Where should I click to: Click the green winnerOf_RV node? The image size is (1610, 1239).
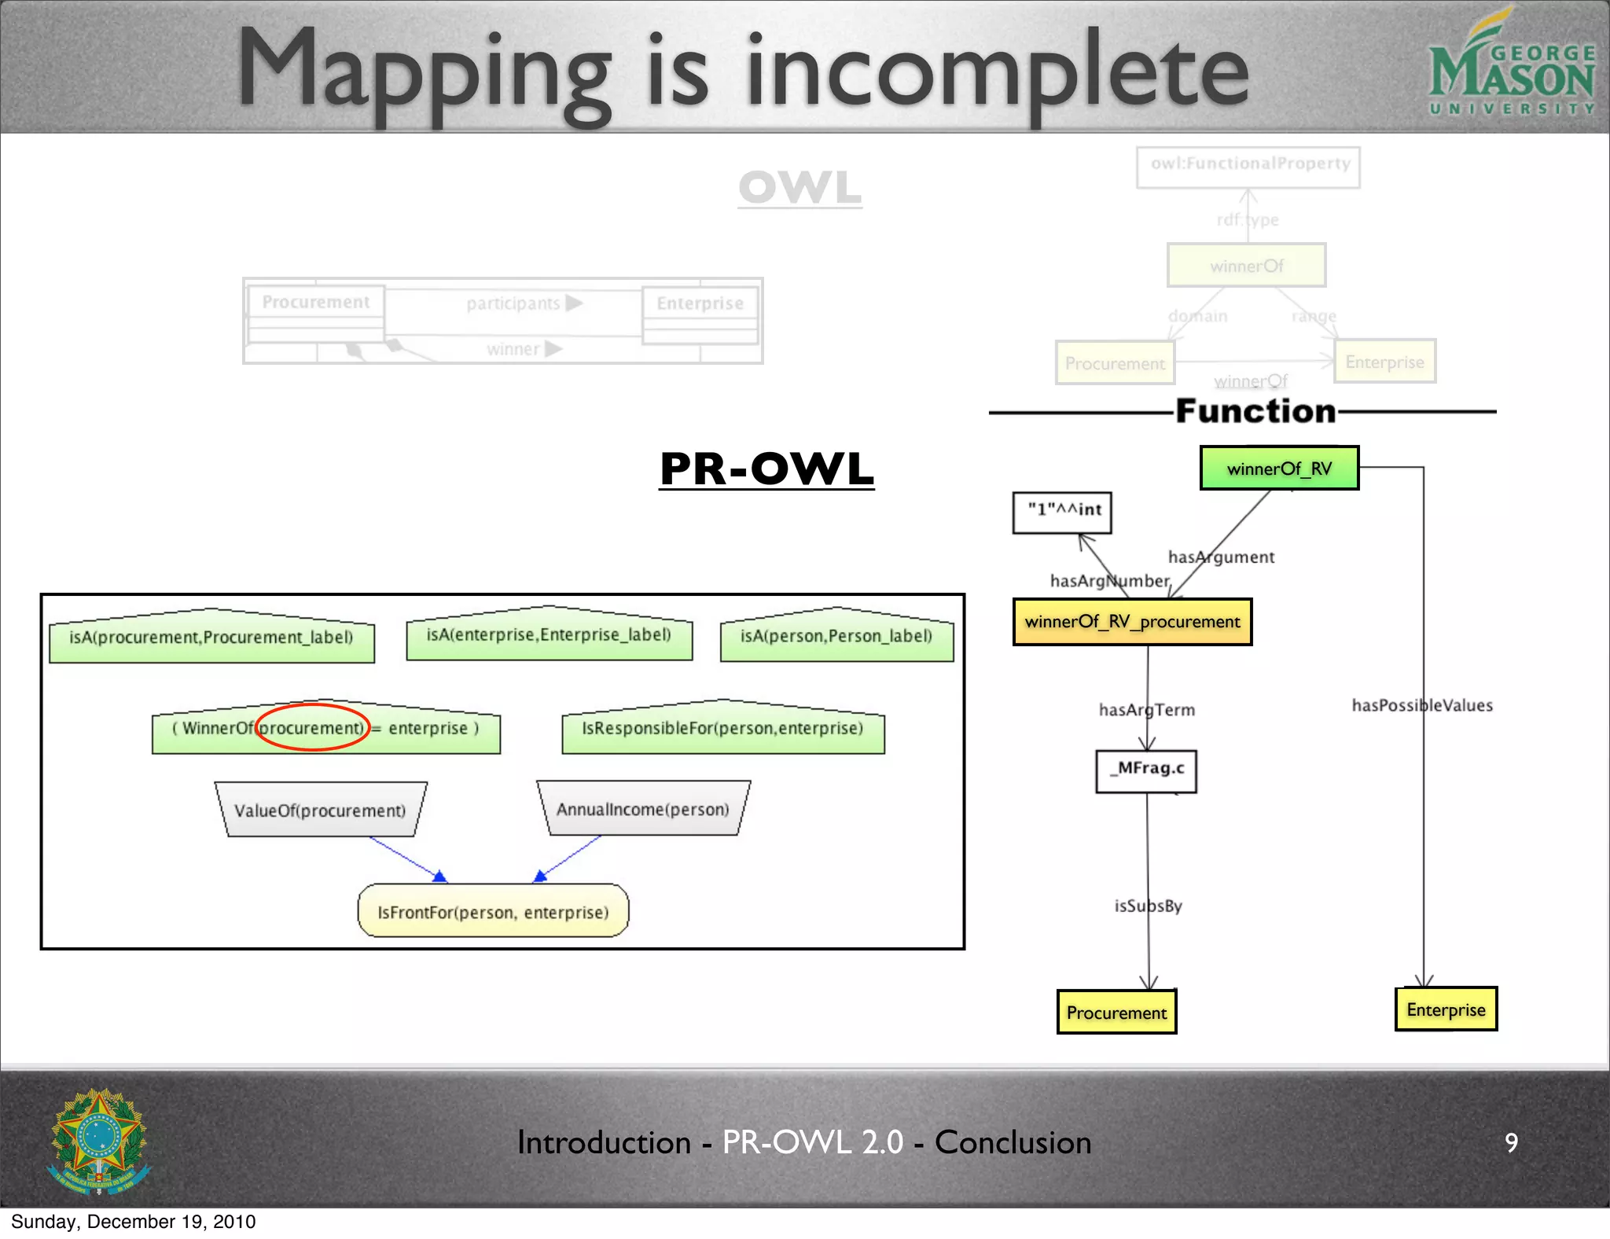(x=1279, y=469)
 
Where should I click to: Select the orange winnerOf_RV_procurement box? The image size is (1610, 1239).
(x=1132, y=622)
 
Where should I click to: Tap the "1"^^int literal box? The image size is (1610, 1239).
(x=1062, y=512)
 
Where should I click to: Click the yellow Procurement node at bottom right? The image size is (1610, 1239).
(x=1116, y=1012)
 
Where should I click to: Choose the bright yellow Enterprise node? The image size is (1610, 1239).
(x=1446, y=1009)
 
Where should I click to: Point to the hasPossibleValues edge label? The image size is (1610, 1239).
(x=1422, y=705)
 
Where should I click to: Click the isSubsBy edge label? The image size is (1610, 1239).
(x=1148, y=906)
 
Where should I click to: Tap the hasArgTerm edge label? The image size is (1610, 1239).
(x=1146, y=710)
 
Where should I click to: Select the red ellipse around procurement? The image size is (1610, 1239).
(x=312, y=726)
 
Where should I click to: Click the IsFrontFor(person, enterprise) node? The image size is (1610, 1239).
(x=493, y=911)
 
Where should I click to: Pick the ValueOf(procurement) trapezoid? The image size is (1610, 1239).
(x=320, y=810)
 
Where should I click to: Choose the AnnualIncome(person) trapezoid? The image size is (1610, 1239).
(x=643, y=809)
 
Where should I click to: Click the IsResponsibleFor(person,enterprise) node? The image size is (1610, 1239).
(x=722, y=729)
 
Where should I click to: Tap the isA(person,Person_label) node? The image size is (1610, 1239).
(x=836, y=636)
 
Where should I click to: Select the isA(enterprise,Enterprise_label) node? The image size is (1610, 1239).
(x=549, y=634)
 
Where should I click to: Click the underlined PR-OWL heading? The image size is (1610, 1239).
(x=766, y=469)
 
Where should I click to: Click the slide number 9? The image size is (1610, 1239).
(x=1511, y=1142)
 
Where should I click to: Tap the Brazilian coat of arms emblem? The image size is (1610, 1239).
(x=99, y=1141)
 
